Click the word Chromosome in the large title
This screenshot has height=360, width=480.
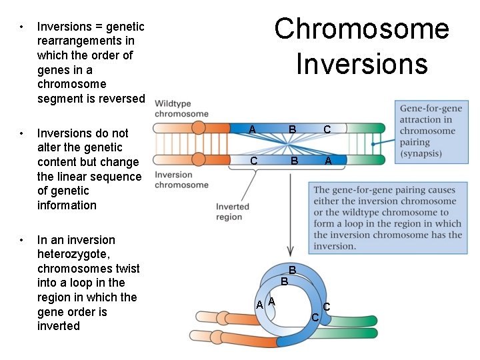[x=362, y=29]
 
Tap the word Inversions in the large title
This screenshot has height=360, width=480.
[x=362, y=64]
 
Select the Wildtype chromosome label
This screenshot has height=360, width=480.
[x=181, y=109]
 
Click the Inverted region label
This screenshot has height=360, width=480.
[x=232, y=212]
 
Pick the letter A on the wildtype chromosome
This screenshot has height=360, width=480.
[x=251, y=129]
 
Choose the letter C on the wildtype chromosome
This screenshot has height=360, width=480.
[x=327, y=129]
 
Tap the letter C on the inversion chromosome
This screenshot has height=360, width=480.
[x=253, y=161]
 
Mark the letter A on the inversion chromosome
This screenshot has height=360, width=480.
[x=328, y=161]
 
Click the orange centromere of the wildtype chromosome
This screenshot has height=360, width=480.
[x=199, y=129]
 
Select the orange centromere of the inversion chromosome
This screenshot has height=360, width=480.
[x=199, y=160]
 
